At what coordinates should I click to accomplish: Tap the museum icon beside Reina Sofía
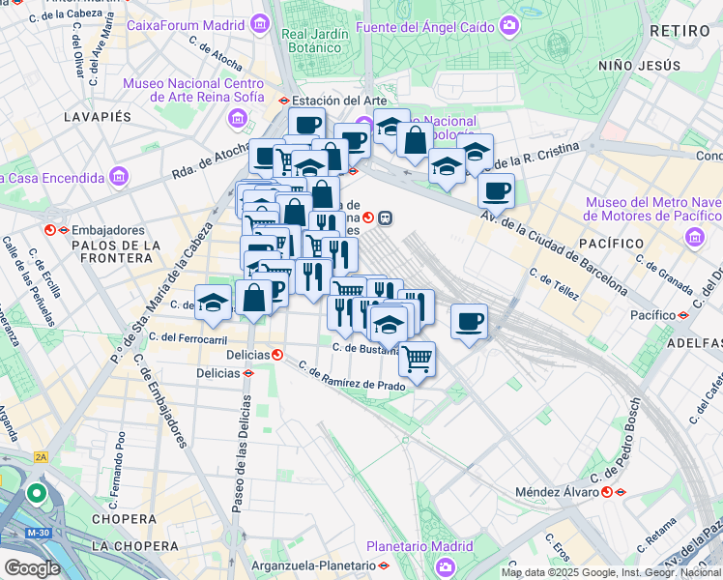click(236, 118)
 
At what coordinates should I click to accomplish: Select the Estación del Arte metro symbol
click(283, 101)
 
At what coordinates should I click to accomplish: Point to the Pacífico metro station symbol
click(682, 315)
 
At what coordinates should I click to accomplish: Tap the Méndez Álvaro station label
click(555, 491)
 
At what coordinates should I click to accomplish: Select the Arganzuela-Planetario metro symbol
click(384, 565)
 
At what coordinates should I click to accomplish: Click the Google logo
click(32, 567)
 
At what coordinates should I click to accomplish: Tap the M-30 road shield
click(39, 533)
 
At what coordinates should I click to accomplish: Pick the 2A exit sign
click(40, 457)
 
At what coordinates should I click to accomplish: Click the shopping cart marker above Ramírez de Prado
click(417, 359)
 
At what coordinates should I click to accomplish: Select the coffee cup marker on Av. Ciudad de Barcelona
click(496, 190)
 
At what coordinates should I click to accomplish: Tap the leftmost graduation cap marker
click(213, 301)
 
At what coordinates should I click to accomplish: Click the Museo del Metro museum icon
click(693, 237)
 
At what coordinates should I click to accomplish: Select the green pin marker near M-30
click(37, 493)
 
